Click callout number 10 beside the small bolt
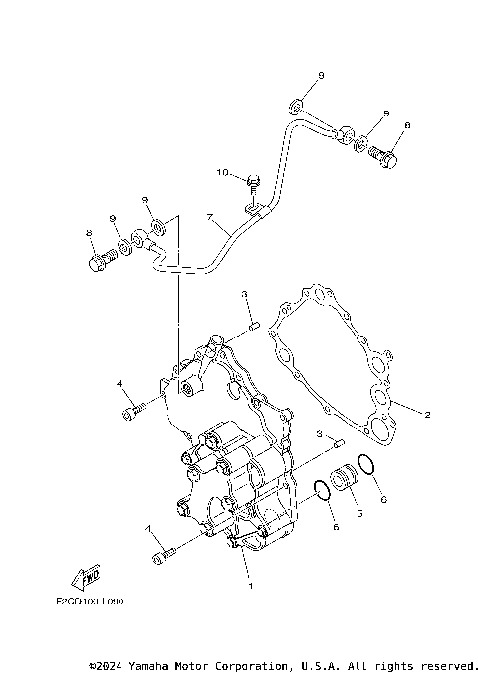[223, 173]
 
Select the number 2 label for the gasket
[427, 415]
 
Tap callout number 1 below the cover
[251, 587]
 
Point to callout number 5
[360, 514]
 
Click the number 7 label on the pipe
[209, 216]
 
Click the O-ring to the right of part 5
[366, 465]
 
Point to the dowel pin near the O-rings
[338, 442]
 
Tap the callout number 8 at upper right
[407, 126]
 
